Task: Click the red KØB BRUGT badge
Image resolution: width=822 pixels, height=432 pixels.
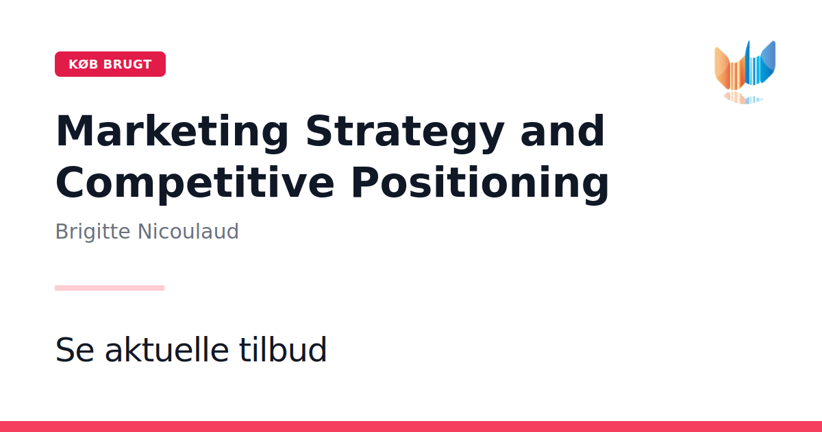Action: (110, 64)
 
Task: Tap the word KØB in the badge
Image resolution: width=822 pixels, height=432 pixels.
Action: (84, 64)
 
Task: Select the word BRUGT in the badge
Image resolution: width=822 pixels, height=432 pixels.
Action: (127, 64)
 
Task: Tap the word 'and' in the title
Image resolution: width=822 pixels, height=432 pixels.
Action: (562, 131)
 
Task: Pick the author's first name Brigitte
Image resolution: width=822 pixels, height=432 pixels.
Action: (92, 232)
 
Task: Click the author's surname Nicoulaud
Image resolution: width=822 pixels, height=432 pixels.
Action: (188, 232)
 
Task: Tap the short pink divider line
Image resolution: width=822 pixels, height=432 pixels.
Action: (110, 288)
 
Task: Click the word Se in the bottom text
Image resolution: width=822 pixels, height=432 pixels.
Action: (75, 350)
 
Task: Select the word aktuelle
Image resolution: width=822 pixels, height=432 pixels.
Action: (167, 349)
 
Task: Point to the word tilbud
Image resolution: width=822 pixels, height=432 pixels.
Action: (282, 349)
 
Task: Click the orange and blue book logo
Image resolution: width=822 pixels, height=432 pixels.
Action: (745, 72)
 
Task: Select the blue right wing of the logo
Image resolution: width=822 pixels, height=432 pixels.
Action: (764, 62)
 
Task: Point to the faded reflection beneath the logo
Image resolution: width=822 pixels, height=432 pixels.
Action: (743, 98)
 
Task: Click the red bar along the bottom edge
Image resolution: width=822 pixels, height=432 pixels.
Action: (411, 427)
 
